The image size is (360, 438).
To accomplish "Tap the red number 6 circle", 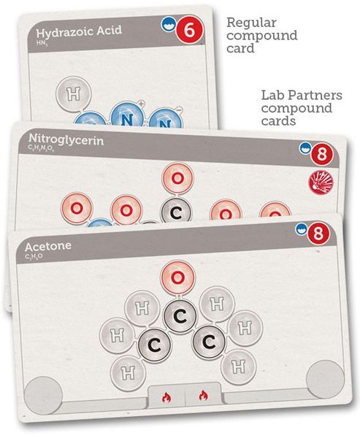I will tap(189, 32).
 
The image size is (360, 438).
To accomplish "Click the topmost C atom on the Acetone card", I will tap(177, 315).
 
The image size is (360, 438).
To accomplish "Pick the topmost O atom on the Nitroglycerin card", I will tap(176, 177).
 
